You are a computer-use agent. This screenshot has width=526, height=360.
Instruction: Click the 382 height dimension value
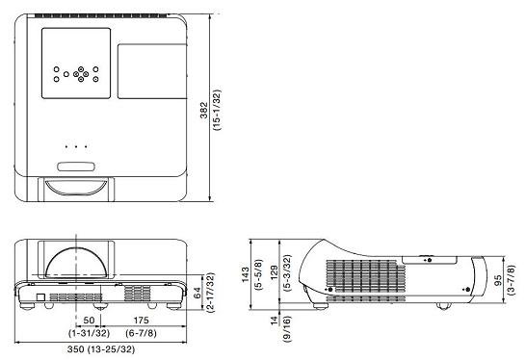(203, 110)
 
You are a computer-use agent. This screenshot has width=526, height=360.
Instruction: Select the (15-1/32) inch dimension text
(217, 110)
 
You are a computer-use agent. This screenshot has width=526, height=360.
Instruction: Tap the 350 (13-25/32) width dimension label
(101, 349)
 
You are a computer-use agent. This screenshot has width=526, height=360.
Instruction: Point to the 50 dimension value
(89, 321)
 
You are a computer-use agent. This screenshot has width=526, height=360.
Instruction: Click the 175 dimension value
(142, 321)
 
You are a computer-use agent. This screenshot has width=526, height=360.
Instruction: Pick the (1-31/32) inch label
(90, 333)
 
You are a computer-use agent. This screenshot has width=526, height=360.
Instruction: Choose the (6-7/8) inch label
(142, 333)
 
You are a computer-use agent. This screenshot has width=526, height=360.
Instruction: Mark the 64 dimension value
(197, 293)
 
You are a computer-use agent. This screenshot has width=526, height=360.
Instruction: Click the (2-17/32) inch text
(211, 293)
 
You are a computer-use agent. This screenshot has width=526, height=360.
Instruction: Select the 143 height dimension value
(246, 274)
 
